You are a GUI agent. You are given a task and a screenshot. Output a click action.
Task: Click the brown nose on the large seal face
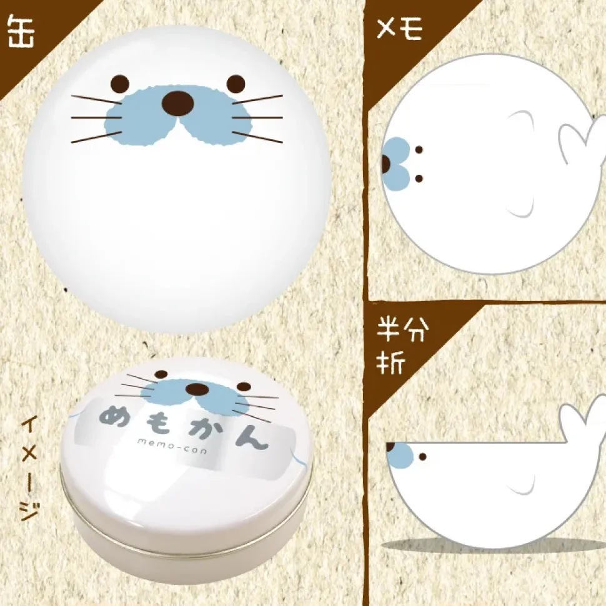pos(177,104)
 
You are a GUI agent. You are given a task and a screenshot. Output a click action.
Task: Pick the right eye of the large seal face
pos(236,84)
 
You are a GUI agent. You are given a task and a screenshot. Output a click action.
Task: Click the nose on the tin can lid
pos(197,389)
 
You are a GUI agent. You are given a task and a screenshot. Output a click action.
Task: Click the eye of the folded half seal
pos(422,457)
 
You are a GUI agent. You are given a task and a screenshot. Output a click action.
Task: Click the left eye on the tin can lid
pos(161,374)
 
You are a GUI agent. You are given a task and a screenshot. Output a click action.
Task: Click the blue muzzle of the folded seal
pos(400,455)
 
